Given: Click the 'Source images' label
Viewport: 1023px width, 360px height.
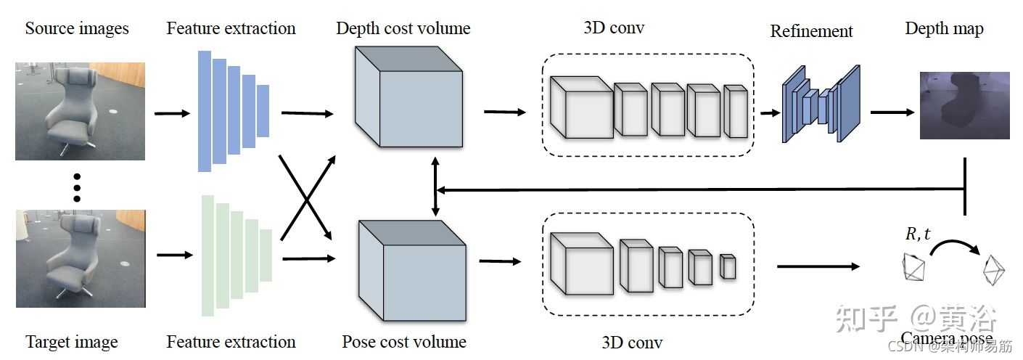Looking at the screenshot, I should tap(77, 29).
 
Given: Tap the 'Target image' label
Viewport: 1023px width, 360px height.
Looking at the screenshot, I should tap(71, 342).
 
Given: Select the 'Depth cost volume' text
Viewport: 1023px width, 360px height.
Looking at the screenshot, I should tap(403, 29).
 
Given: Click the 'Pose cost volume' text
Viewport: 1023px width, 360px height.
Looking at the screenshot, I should tap(404, 342).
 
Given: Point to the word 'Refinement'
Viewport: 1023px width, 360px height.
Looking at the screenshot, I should tap(811, 31).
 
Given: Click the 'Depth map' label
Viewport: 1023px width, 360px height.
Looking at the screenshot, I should tap(944, 29).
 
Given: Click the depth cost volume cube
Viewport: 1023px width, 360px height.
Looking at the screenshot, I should tap(408, 102).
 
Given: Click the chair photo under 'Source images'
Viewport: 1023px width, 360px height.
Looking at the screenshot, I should tap(80, 110).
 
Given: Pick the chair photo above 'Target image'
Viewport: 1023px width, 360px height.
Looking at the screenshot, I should tap(80, 258).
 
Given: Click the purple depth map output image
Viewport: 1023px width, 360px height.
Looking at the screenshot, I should tap(964, 105).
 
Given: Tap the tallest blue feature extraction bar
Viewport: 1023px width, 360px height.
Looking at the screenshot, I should tap(205, 110).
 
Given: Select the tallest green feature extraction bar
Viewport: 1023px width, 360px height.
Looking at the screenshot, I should tap(208, 255).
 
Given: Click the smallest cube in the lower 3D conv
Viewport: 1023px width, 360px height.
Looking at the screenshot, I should tap(728, 266).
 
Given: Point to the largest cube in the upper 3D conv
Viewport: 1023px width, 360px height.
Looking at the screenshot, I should tap(581, 107).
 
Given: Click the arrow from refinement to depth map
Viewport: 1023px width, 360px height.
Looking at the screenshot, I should tap(892, 112).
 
